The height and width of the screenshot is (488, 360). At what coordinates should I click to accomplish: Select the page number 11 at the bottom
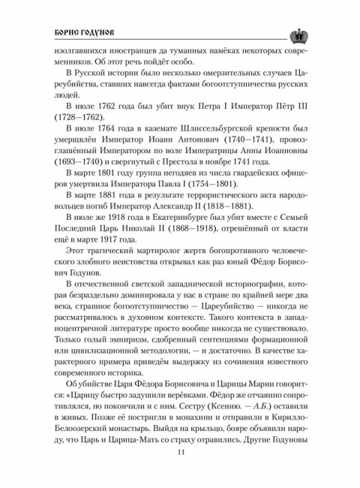181,451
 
